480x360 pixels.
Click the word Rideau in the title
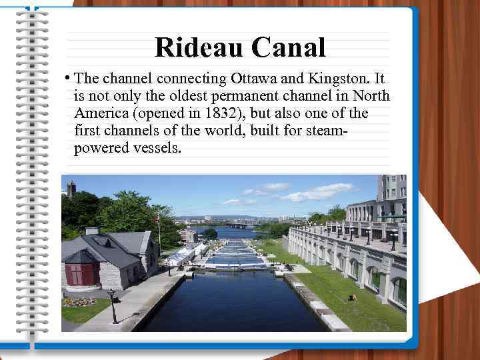pos(199,47)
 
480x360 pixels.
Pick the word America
pos(102,113)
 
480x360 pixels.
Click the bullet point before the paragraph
pos(69,78)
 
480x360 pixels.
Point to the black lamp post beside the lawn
pos(113,307)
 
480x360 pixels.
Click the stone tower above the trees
pos(71,188)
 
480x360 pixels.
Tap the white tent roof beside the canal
pos(180,254)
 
